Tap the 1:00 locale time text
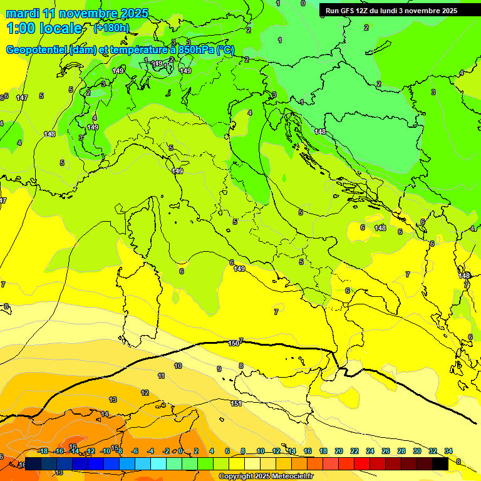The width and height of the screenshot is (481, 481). pos(44,28)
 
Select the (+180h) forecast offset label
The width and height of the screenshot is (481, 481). pos(111,28)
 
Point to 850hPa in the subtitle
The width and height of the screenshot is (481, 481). pos(196,50)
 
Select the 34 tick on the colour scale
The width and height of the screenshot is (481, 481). pos(448,451)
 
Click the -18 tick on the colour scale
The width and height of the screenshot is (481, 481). pos(43,451)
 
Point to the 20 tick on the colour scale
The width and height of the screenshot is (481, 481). pos(339,451)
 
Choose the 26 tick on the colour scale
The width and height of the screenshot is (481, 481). pos(386,451)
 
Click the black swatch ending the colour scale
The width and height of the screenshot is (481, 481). pos(440,463)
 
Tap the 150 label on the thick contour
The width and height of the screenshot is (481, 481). pos(234,343)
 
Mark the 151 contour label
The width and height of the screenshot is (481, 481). pos(236,403)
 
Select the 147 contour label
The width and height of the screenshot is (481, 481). pos(22,98)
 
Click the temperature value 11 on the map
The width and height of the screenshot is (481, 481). pos(161,376)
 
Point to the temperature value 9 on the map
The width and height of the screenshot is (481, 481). pos(219,369)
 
